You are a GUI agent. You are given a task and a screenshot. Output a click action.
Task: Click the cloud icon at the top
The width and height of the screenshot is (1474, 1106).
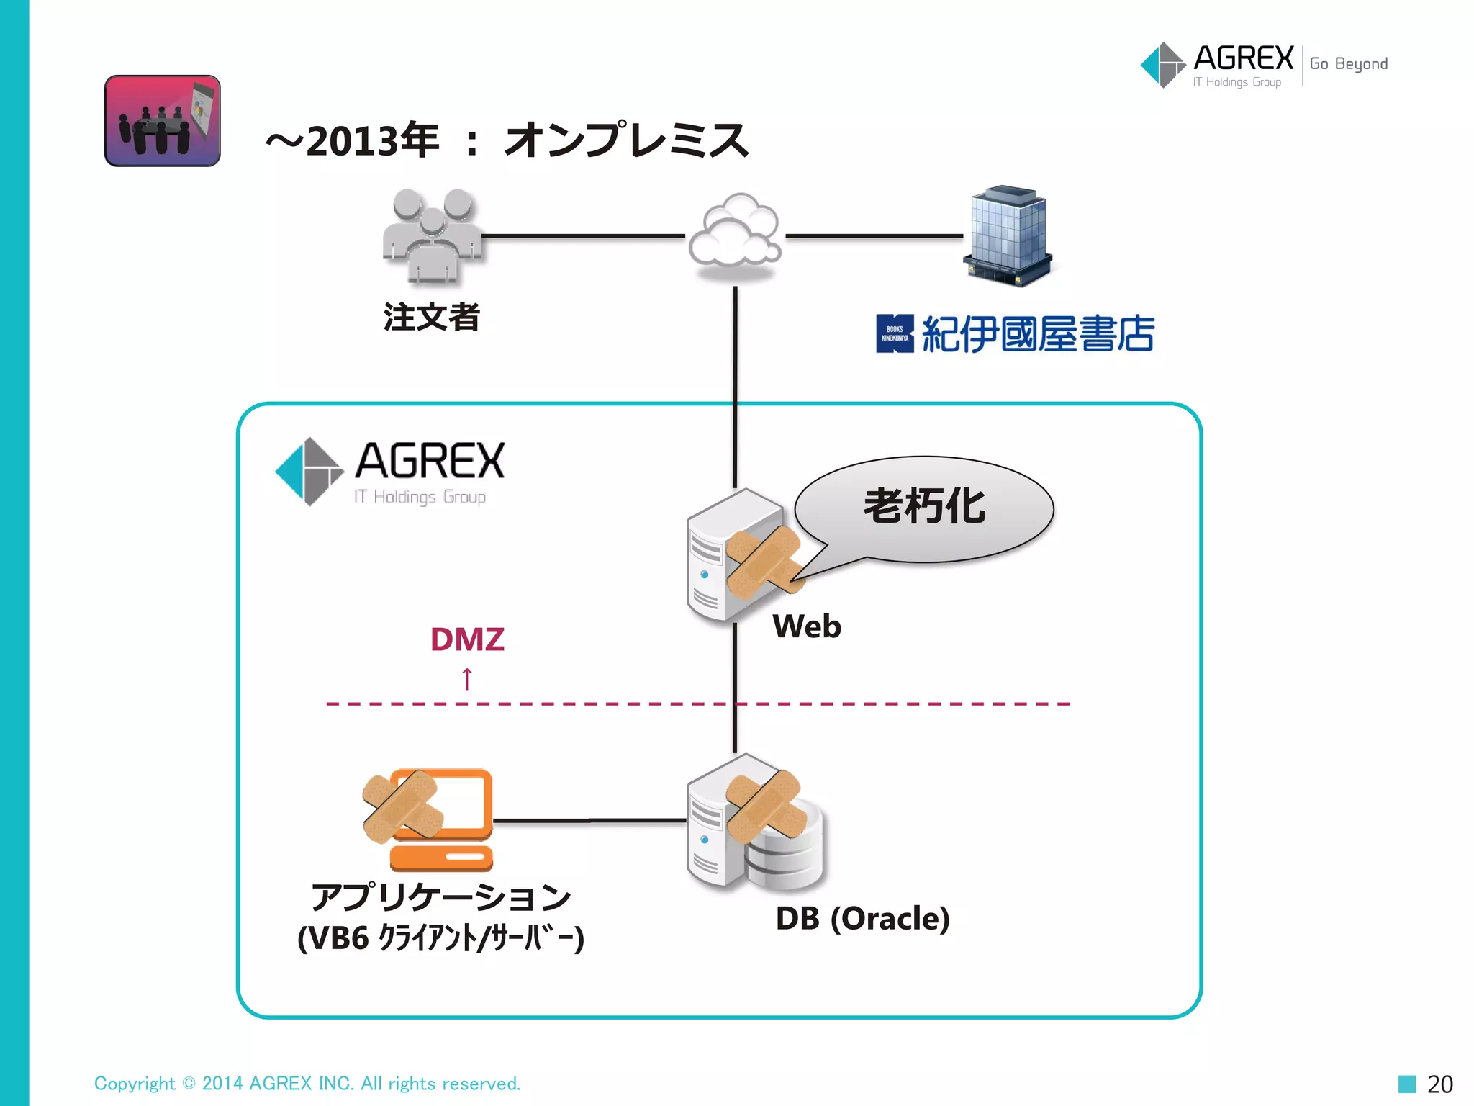click(x=735, y=232)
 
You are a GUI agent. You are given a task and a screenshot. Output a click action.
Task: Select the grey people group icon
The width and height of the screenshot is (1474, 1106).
click(x=432, y=235)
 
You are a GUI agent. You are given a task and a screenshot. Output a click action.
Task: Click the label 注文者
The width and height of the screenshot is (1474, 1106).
click(x=432, y=318)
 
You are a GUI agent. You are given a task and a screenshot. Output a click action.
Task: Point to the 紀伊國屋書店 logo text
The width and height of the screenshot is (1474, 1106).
click(x=1036, y=334)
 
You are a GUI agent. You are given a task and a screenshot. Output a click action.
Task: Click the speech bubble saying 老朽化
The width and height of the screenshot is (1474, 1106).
click(x=925, y=507)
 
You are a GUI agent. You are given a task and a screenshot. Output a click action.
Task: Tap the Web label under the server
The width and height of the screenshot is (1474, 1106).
click(x=807, y=626)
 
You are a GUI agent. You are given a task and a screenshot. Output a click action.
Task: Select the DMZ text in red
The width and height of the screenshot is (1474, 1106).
click(x=467, y=639)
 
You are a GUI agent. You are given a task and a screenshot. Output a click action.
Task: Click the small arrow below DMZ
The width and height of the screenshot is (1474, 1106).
click(x=467, y=678)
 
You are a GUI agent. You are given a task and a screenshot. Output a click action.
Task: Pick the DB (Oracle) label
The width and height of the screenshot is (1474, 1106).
click(x=862, y=919)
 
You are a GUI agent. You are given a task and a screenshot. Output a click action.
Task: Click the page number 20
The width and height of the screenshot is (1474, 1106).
click(x=1439, y=1084)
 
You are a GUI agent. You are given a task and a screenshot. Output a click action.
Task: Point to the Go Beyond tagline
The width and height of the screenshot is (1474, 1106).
click(x=1349, y=64)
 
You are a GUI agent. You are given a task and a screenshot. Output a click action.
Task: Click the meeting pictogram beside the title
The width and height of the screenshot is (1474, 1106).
click(x=163, y=121)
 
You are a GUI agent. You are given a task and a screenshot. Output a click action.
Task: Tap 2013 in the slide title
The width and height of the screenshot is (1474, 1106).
click(x=353, y=141)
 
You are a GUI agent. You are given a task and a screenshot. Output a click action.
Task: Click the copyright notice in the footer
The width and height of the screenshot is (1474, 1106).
click(x=307, y=1084)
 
